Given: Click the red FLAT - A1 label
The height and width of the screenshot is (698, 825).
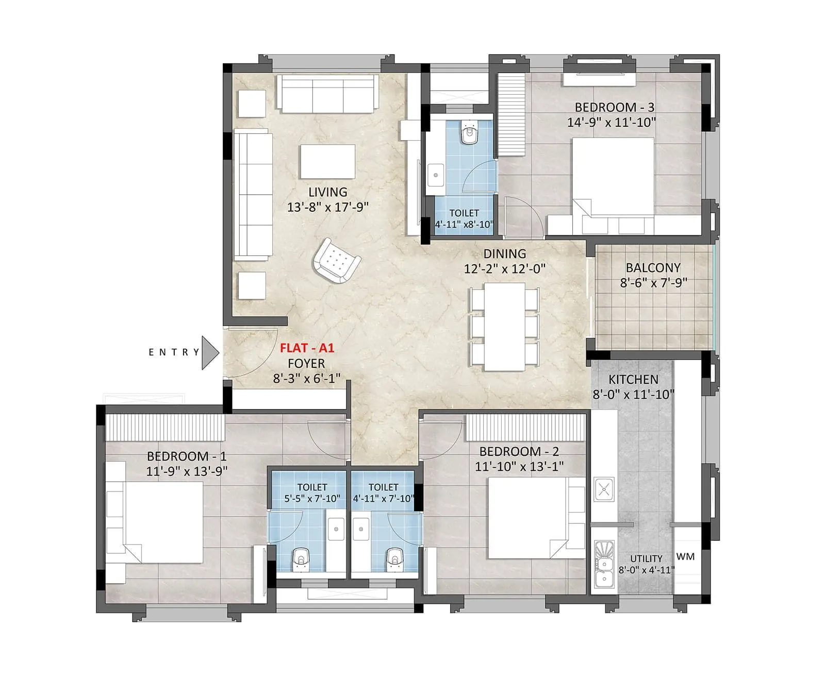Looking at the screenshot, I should coord(307,348).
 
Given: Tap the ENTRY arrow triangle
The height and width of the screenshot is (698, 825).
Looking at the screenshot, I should coord(209,352).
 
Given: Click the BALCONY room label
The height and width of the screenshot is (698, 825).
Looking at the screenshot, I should coord(653,268).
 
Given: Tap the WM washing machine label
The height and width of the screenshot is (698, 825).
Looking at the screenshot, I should coord(685,556).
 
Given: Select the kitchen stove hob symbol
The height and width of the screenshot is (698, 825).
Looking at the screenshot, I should coord(604,489).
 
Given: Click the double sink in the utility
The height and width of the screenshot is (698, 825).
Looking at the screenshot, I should coord(603,564).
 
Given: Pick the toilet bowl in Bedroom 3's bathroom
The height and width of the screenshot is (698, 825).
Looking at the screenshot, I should coord(469,133).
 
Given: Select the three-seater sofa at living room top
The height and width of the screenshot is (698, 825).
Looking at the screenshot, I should coord(327,93).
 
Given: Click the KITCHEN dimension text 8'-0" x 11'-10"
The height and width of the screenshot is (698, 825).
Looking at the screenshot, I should coord(633,395).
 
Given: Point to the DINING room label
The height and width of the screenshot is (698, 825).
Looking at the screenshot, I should coord(504,253).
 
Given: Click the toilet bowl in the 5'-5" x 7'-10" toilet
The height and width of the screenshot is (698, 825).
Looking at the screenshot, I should coord(301,559).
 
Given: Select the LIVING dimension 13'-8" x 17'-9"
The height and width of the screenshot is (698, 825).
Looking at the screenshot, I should coord(327,207).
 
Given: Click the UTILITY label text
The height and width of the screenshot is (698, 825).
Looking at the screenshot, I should coord(646,558).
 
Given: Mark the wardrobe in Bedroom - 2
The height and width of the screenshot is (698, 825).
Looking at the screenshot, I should coord(526,427).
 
